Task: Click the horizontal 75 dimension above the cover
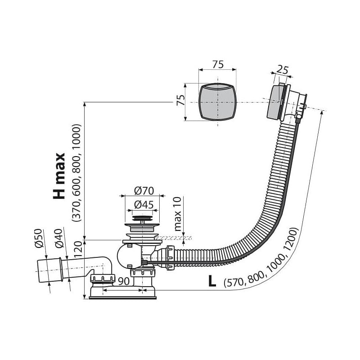pos(218,64)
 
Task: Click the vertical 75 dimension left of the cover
pos(181,100)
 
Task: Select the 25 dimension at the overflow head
pos(282,70)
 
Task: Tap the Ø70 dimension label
pos(144,191)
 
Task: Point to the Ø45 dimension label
pos(144,205)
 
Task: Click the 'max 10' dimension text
pos(178,214)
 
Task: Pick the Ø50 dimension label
pos(39,238)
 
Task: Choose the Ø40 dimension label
pos(59,238)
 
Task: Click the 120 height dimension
pos(78,249)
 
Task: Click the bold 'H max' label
pos(59,175)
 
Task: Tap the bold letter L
pos(212,281)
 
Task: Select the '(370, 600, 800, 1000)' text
pos(76,173)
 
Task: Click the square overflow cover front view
pos(217,102)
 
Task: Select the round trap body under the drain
pos(129,256)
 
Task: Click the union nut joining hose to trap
pos(171,257)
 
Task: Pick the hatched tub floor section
pos(174,238)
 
